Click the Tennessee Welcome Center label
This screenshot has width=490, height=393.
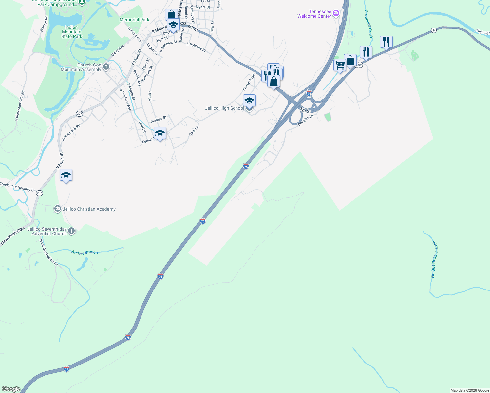314,14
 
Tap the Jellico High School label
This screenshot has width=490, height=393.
224,108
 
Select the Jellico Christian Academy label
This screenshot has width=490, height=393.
89,209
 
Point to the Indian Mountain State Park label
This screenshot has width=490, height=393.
71,32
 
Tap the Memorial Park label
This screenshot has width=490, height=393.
134,20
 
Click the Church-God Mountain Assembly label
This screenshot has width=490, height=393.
81,67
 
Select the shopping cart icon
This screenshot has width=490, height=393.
340,65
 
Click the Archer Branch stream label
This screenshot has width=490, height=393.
85,253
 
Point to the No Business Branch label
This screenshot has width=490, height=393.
434,259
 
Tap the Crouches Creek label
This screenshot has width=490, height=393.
368,24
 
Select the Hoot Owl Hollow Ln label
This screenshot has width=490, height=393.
48,253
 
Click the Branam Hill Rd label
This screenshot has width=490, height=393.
71,133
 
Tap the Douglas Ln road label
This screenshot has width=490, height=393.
306,120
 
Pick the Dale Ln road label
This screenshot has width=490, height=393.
194,131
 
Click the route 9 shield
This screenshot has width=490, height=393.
434,30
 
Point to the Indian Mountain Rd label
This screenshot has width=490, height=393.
20,106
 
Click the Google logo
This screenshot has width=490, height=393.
11,389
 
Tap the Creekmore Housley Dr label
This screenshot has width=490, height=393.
17,187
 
